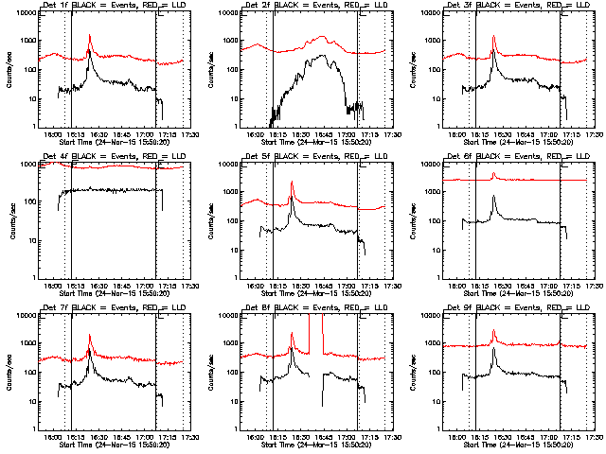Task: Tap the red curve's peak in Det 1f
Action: (x=89, y=36)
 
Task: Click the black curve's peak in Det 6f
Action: (x=494, y=196)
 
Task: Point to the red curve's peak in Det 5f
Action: (x=292, y=182)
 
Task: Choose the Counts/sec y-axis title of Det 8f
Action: (x=209, y=373)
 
